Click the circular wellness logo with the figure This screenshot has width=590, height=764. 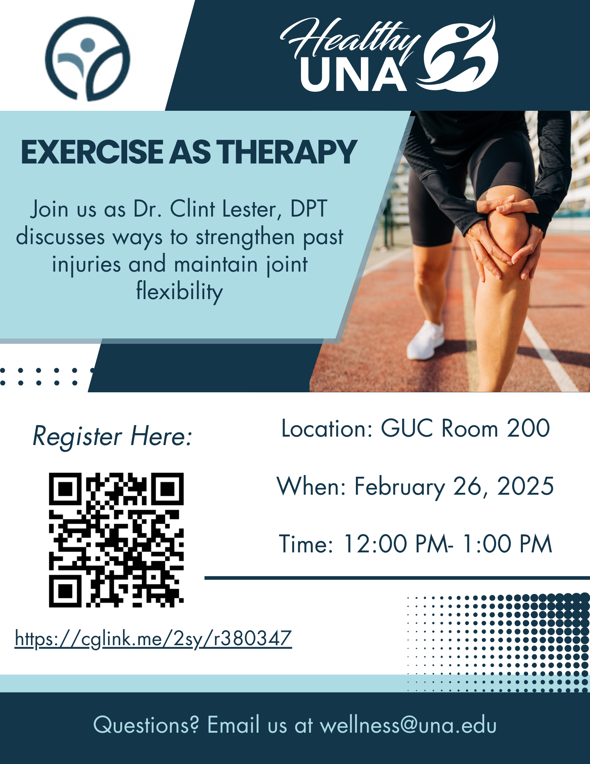88,58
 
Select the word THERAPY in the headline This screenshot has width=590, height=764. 288,152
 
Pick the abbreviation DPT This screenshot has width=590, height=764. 309,209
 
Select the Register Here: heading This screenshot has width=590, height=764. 112,436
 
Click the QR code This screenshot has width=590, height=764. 116,540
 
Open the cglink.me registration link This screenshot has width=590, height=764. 154,639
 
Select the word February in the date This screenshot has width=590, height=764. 400,487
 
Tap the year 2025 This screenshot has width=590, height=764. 525,486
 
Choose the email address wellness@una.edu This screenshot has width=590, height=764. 408,725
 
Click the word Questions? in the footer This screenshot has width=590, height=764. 146,725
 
